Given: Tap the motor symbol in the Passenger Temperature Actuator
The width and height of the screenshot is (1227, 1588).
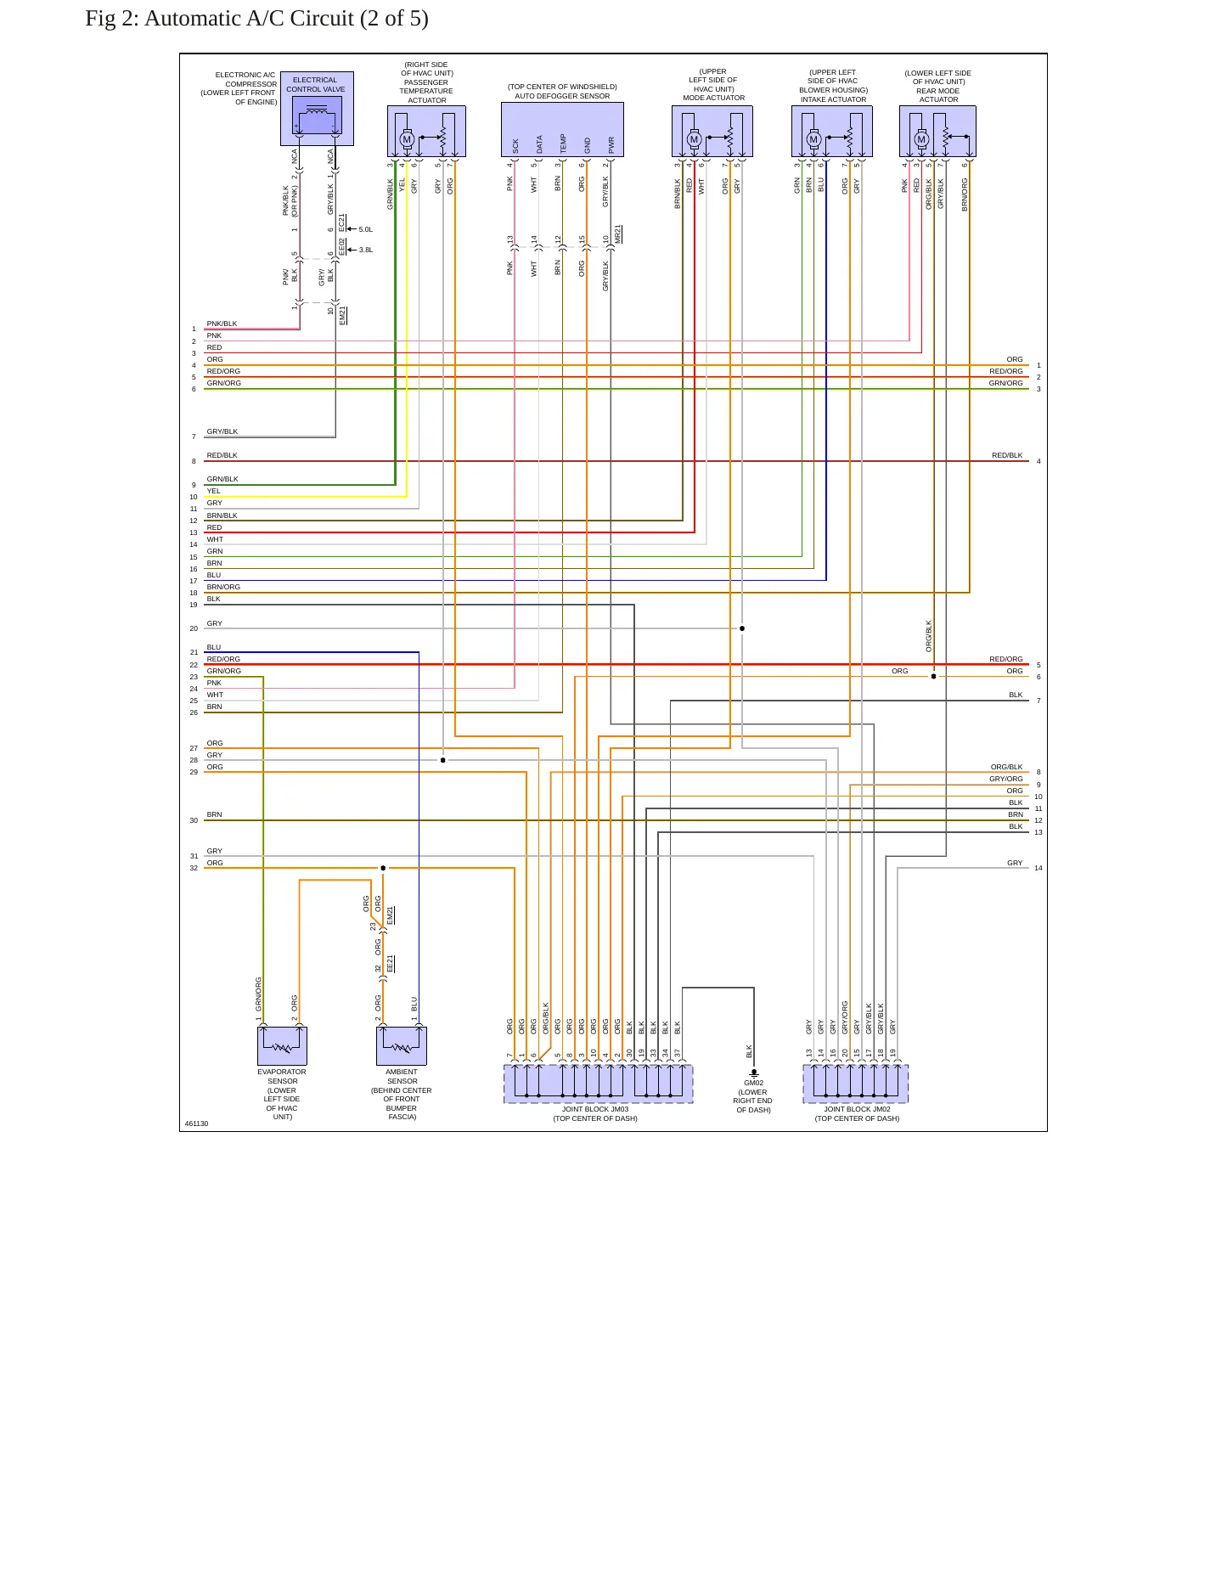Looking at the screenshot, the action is point(407,139).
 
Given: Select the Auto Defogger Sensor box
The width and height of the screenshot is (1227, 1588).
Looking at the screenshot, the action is point(562,130).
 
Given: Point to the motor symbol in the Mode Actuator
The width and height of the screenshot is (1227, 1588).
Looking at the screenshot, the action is point(694,139).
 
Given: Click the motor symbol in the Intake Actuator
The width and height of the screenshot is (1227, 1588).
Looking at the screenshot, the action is point(813,139).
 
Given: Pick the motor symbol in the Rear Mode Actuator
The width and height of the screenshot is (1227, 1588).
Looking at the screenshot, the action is point(921,139).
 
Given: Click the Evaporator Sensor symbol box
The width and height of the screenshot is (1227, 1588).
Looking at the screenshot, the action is point(282,1046).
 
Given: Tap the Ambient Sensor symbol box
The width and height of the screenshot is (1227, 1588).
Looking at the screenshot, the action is point(402,1046).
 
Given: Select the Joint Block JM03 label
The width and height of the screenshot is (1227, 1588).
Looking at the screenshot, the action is point(595,1109).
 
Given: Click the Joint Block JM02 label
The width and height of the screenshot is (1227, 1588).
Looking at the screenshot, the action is point(857,1109).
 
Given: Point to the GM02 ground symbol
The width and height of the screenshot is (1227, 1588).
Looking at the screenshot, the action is point(754,1074).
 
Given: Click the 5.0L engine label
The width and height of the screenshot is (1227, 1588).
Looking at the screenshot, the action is point(366,229).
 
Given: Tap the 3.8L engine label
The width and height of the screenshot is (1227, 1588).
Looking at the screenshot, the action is point(366,250).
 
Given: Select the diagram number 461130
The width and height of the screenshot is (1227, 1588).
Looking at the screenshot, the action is point(196,1123).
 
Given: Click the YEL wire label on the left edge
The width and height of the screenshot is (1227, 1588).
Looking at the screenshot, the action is point(213,491).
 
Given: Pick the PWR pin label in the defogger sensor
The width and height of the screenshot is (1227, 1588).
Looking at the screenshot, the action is point(611,144).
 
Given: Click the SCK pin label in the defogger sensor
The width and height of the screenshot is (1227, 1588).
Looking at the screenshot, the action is point(515,146).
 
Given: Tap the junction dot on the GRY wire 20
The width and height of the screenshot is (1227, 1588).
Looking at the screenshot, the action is point(742,628).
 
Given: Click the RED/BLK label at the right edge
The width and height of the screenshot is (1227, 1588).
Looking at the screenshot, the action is point(1007,455).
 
